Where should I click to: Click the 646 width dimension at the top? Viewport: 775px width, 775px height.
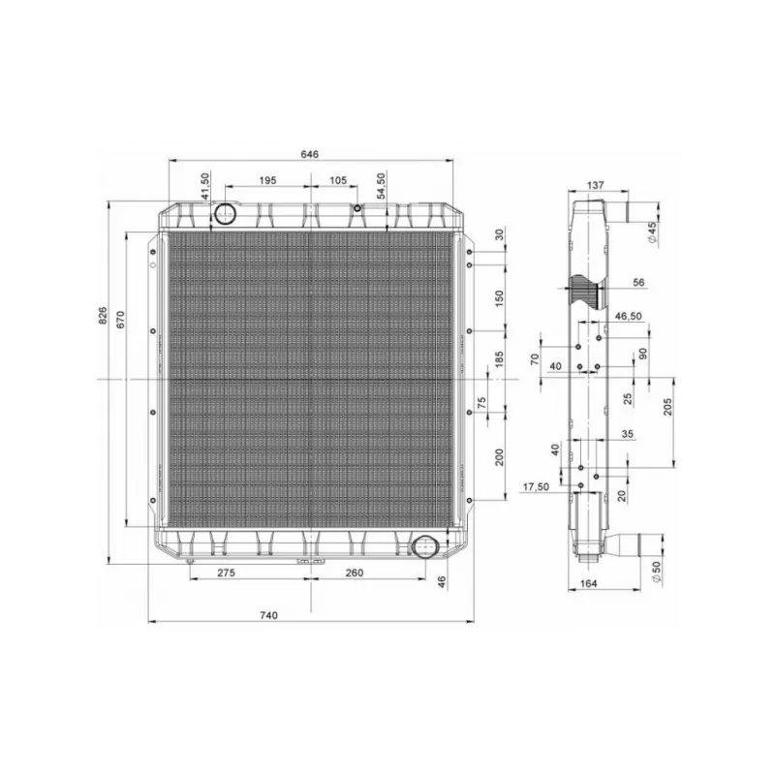pyautogui.click(x=309, y=154)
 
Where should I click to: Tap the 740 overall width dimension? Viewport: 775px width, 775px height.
pyautogui.click(x=269, y=615)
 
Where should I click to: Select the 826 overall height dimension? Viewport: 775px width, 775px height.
pyautogui.click(x=103, y=316)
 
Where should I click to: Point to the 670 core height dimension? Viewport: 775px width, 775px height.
pyautogui.click(x=120, y=320)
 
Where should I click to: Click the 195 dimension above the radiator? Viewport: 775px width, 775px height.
pyautogui.click(x=267, y=180)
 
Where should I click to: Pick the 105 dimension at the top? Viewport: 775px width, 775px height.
pyautogui.click(x=338, y=180)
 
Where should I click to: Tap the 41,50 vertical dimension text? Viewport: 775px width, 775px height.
pyautogui.click(x=205, y=186)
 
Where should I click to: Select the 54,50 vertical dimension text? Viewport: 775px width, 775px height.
pyautogui.click(x=381, y=186)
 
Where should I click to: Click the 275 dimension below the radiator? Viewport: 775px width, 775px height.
pyautogui.click(x=226, y=573)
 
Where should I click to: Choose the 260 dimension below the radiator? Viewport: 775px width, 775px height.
pyautogui.click(x=355, y=573)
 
